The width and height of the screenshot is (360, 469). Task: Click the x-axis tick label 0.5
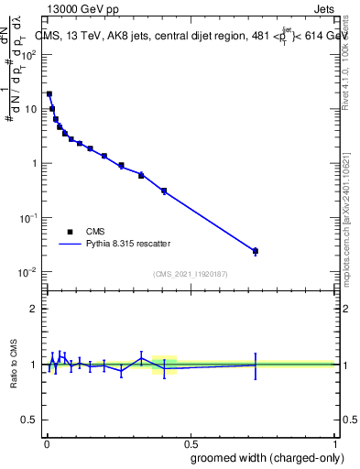coord(190,442)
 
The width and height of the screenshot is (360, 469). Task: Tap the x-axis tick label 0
coord(45,442)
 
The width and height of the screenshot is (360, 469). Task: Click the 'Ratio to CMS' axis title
coord(13,364)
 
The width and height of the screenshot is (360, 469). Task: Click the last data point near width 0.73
coord(256,251)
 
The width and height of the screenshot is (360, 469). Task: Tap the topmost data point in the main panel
coord(49,93)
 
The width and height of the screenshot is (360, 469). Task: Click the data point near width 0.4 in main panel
coord(163,191)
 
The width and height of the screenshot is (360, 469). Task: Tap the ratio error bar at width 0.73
coord(256,365)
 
